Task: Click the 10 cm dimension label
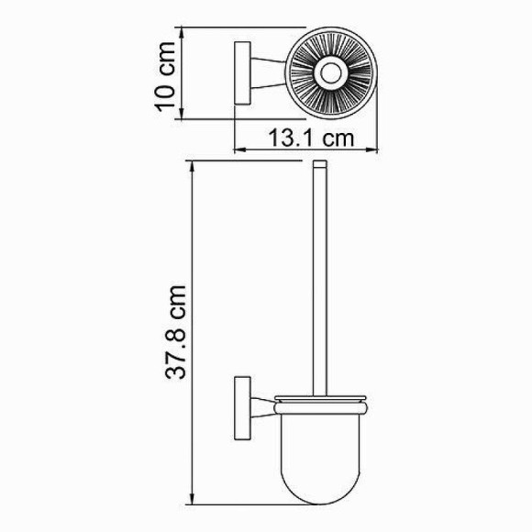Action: (x=164, y=74)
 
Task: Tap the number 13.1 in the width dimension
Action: (x=293, y=139)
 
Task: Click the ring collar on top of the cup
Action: (x=320, y=401)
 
